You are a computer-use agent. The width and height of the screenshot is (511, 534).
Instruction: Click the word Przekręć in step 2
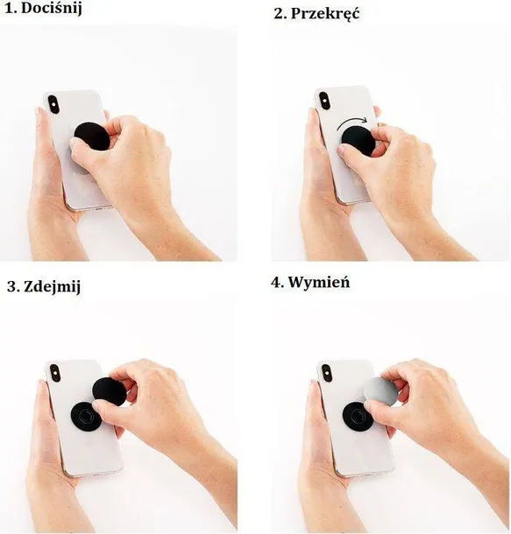325,14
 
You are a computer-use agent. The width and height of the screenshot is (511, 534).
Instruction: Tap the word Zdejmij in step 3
53,287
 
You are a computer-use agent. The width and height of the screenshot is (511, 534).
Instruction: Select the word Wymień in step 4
319,283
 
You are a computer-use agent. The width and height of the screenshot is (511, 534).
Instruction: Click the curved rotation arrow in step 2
351,121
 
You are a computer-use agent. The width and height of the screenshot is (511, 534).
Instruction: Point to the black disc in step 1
90,137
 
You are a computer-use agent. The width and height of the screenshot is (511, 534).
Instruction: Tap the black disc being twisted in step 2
358,140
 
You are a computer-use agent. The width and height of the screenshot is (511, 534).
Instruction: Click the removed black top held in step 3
109,391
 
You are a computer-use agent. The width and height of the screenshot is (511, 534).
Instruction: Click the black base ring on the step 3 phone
84,416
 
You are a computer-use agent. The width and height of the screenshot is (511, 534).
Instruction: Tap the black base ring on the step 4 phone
356,416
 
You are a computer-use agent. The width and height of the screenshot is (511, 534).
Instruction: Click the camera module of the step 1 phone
53,104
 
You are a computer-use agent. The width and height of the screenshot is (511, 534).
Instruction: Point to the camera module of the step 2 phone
324,101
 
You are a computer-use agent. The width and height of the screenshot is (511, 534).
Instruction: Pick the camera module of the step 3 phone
55,373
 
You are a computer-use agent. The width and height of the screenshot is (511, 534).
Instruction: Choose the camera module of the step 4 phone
327,373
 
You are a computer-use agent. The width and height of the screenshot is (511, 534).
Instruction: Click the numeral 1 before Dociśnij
10,9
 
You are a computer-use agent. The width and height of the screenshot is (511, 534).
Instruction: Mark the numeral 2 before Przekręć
279,15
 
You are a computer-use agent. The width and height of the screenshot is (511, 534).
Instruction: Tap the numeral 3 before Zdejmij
11,287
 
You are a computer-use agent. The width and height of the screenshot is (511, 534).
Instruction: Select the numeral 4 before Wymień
275,283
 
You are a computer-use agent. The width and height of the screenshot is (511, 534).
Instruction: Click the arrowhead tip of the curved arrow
367,120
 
